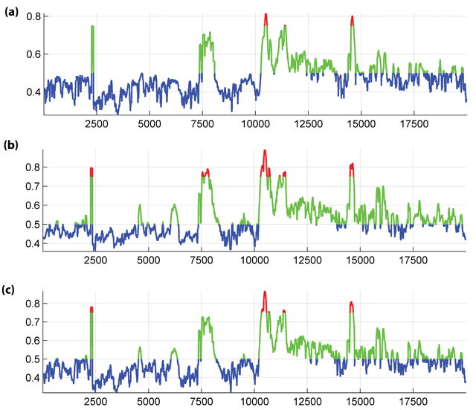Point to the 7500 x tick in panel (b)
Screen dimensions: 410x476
click(202, 260)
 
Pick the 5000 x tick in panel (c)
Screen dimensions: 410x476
click(149, 400)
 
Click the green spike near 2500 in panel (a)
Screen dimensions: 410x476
click(92, 45)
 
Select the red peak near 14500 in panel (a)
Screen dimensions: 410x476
click(352, 19)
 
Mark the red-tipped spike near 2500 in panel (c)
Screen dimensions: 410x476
click(91, 309)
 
